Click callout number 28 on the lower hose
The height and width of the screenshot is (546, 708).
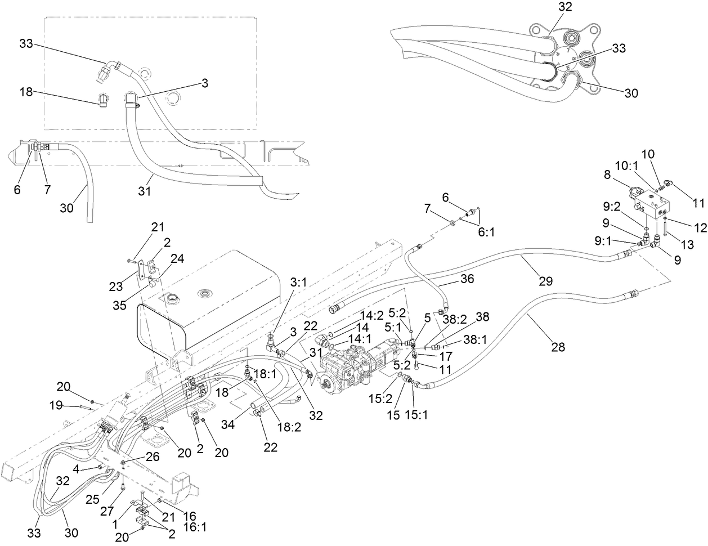(557, 347)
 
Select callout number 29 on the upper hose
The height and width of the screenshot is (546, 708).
(545, 280)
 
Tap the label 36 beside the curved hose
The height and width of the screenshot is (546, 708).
(467, 279)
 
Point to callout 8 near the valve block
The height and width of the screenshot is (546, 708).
(607, 176)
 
